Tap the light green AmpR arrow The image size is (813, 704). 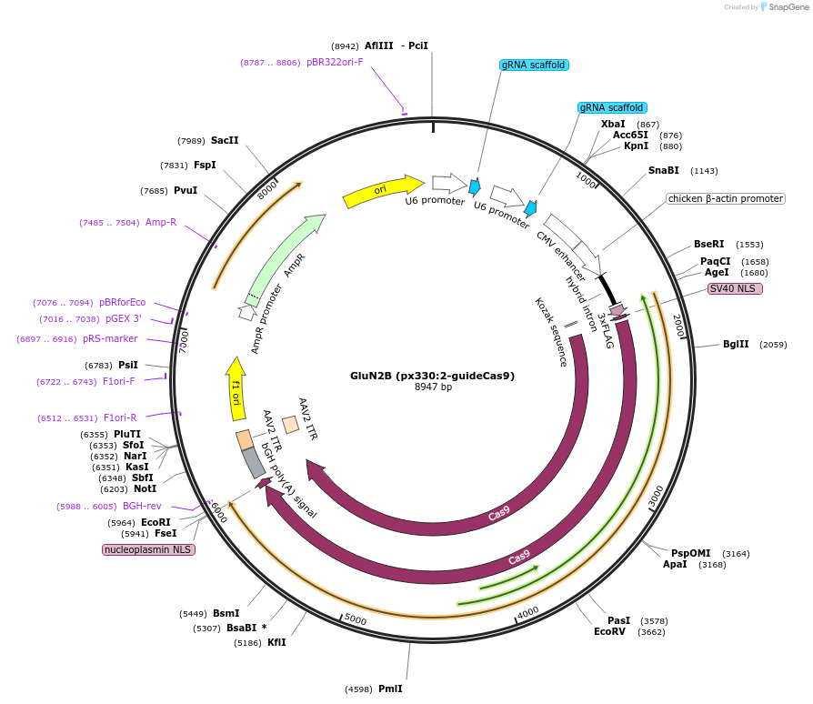pos(284,259)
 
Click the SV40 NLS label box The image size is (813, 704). pos(735,288)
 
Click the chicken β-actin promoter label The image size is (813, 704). pos(725,198)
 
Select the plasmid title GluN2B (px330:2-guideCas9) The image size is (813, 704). pos(433,376)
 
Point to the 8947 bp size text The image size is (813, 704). pos(433,387)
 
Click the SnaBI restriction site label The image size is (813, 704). pos(663,170)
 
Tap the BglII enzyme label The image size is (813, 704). pos(736,344)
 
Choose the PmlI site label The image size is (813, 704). pos(389,689)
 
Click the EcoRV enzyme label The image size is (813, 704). pos(609,631)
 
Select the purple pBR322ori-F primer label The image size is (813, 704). pos(335,62)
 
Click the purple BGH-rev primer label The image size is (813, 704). pos(142,506)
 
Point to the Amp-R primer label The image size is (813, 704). pos(161,222)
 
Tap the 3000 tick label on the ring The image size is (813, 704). pos(657,497)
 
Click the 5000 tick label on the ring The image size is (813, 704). pos(356,620)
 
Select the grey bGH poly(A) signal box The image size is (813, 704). pos(254,463)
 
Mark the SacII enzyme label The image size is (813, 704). pos(225,140)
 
